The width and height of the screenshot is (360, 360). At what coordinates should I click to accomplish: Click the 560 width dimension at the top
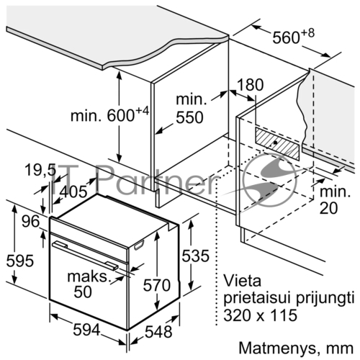click(x=293, y=37)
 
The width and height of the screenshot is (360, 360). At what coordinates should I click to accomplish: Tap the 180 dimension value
click(x=251, y=84)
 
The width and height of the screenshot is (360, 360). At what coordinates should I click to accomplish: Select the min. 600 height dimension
click(x=109, y=114)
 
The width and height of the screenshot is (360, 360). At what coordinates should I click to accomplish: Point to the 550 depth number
click(x=189, y=117)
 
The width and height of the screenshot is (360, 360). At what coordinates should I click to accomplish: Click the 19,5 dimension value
click(x=40, y=170)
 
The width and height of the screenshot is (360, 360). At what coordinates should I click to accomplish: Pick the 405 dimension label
click(x=73, y=192)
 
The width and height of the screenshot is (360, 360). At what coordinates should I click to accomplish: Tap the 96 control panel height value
click(x=30, y=221)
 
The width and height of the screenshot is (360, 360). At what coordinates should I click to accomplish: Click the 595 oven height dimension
click(x=20, y=261)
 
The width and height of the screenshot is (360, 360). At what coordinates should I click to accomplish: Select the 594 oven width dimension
click(x=86, y=330)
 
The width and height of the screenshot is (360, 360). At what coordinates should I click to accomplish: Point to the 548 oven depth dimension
click(x=158, y=332)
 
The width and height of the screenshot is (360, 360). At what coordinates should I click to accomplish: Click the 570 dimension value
click(x=157, y=285)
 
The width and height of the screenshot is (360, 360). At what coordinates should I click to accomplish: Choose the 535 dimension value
click(x=195, y=256)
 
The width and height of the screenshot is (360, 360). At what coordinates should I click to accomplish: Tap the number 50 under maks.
click(x=83, y=292)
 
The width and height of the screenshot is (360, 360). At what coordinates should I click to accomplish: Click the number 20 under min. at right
click(x=328, y=208)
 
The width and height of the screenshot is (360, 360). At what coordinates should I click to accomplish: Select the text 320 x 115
click(x=261, y=315)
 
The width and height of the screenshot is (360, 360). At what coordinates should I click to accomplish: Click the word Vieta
click(x=242, y=281)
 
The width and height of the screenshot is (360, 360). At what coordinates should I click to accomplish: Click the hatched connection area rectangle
click(x=277, y=143)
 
